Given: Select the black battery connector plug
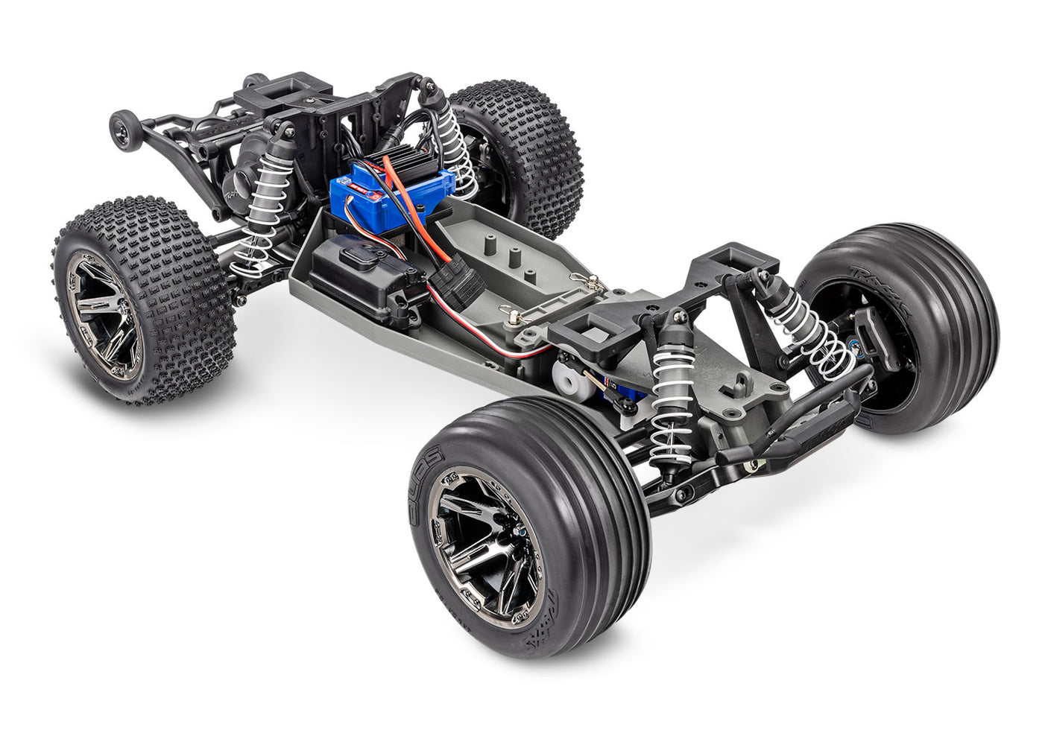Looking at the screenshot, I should (456, 282).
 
